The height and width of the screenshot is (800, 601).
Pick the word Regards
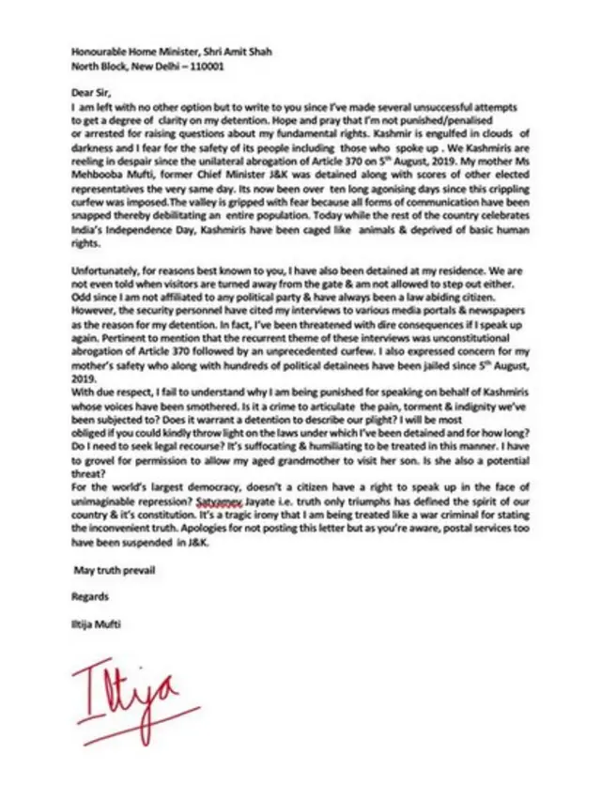pos(91,595)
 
